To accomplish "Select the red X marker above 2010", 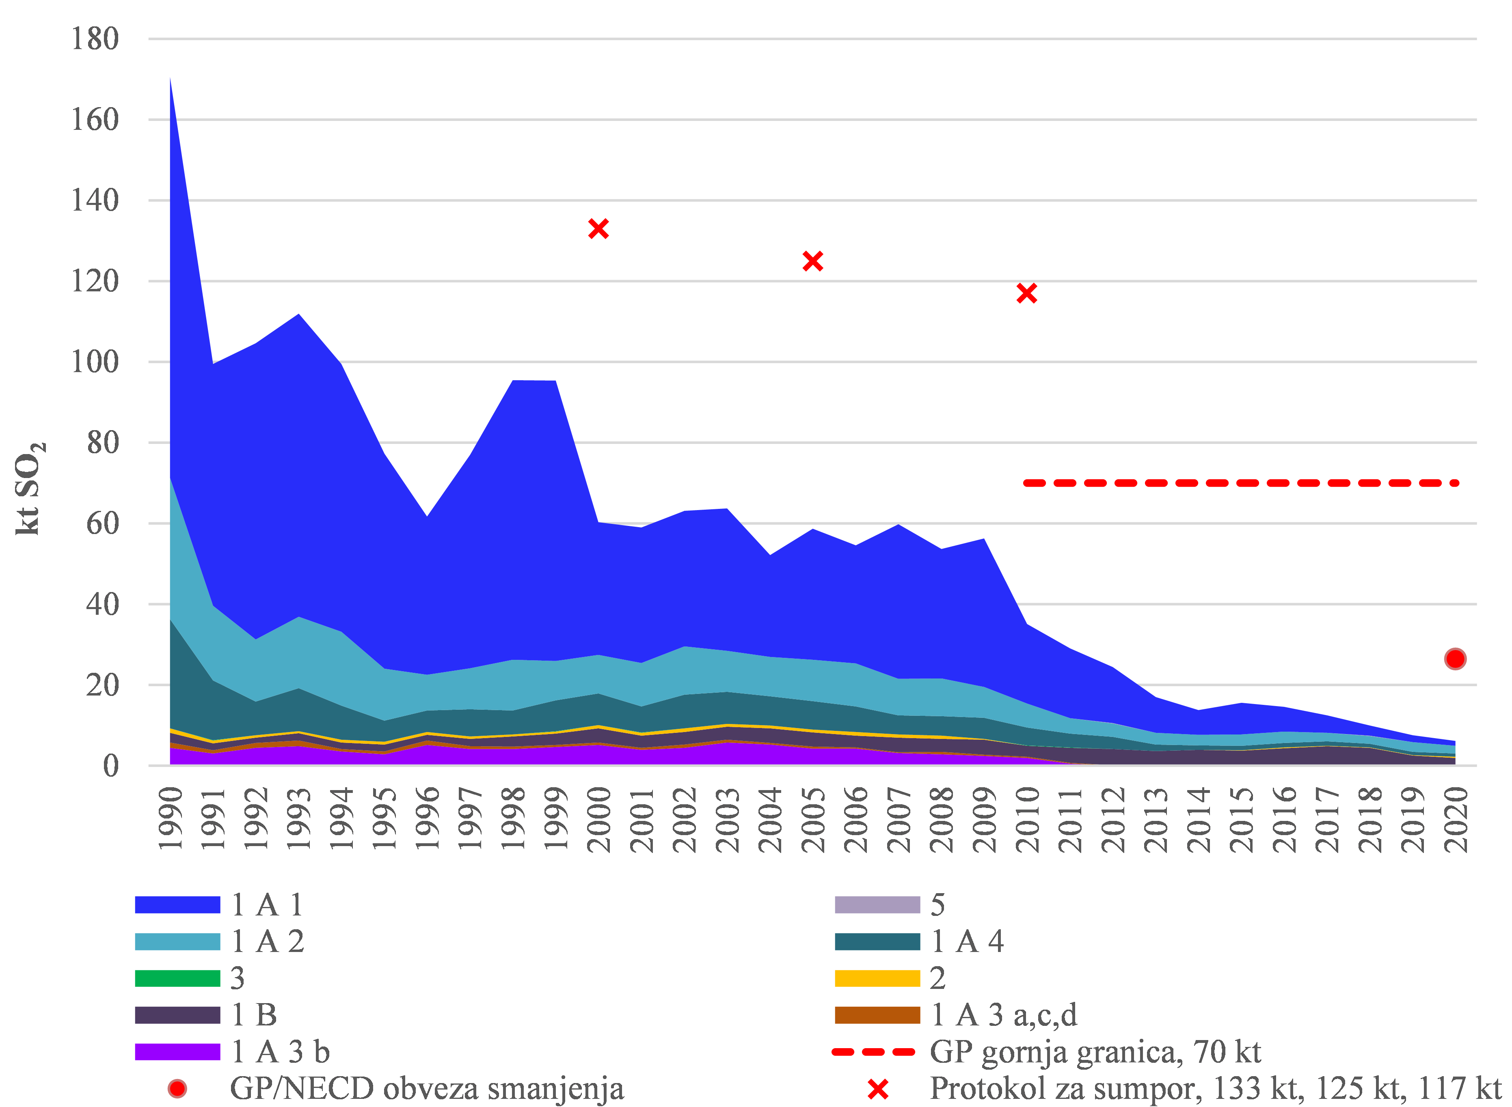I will (1026, 293).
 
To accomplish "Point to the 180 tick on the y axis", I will (95, 39).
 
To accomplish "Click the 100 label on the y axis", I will (95, 362).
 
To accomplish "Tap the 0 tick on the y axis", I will (110, 765).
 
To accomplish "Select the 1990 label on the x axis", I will (170, 819).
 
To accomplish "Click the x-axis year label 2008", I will (942, 819).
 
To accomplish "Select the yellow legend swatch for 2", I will (877, 978).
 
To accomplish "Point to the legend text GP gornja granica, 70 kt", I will (1095, 1052).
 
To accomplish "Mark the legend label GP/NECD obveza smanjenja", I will (426, 1088).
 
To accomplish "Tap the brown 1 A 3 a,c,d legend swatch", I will (877, 1015).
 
